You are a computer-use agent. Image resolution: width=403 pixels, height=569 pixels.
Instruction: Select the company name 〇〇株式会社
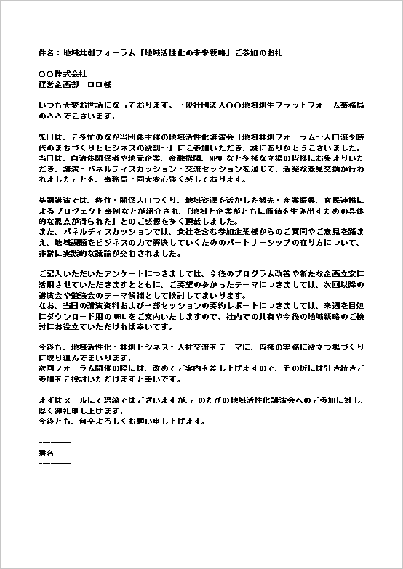coord(62,74)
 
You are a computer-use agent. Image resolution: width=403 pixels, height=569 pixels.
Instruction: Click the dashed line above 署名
coord(54,442)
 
